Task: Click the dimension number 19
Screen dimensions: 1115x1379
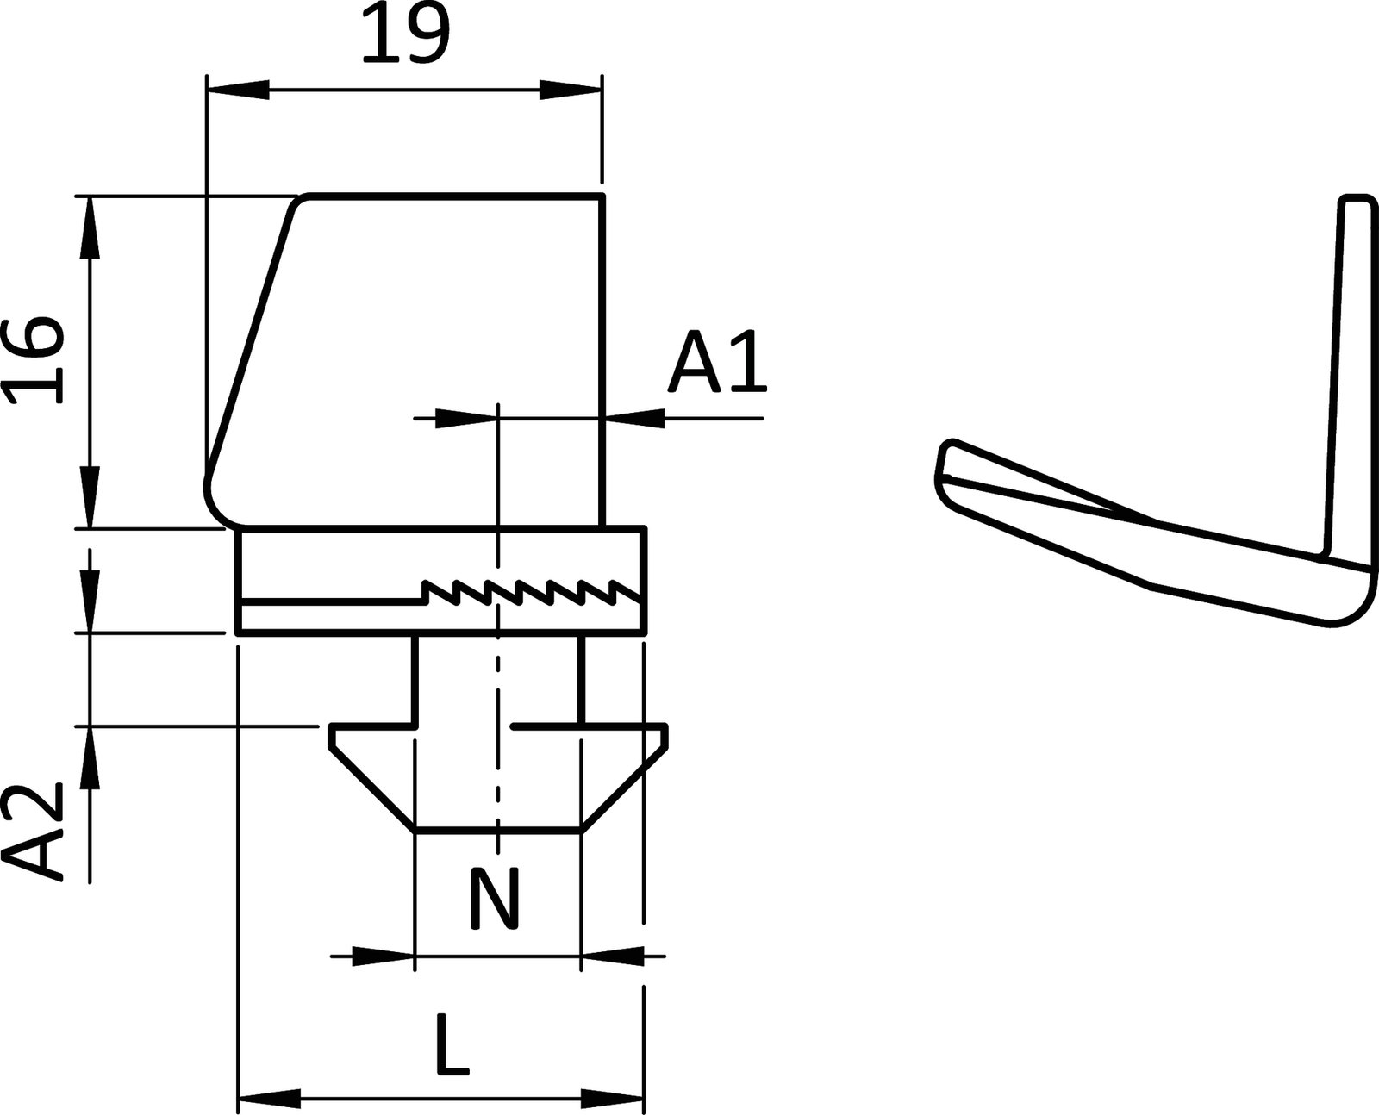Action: [x=405, y=34]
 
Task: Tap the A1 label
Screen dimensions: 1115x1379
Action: [x=716, y=362]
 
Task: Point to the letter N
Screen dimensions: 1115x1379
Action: [x=495, y=899]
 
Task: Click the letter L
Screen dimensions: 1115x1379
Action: [x=452, y=1044]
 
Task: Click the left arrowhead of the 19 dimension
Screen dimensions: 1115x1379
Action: [x=238, y=90]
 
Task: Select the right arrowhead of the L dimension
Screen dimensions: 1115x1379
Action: [x=612, y=1099]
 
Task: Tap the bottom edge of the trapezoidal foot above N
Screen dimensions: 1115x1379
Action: [x=498, y=832]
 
